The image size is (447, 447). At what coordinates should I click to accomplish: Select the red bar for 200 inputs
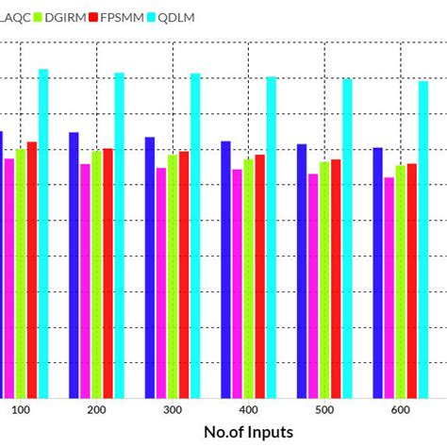108,273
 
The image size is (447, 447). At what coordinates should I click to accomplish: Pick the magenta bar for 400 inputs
237,284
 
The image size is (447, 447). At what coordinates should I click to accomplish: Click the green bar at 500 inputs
324,280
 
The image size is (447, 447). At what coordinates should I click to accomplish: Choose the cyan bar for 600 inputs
423,240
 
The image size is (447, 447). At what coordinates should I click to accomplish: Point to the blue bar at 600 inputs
377,273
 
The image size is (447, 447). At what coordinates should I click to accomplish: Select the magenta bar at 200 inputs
85,281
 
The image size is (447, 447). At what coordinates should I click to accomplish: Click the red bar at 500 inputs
336,279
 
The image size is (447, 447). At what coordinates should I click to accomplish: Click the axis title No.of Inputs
247,431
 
